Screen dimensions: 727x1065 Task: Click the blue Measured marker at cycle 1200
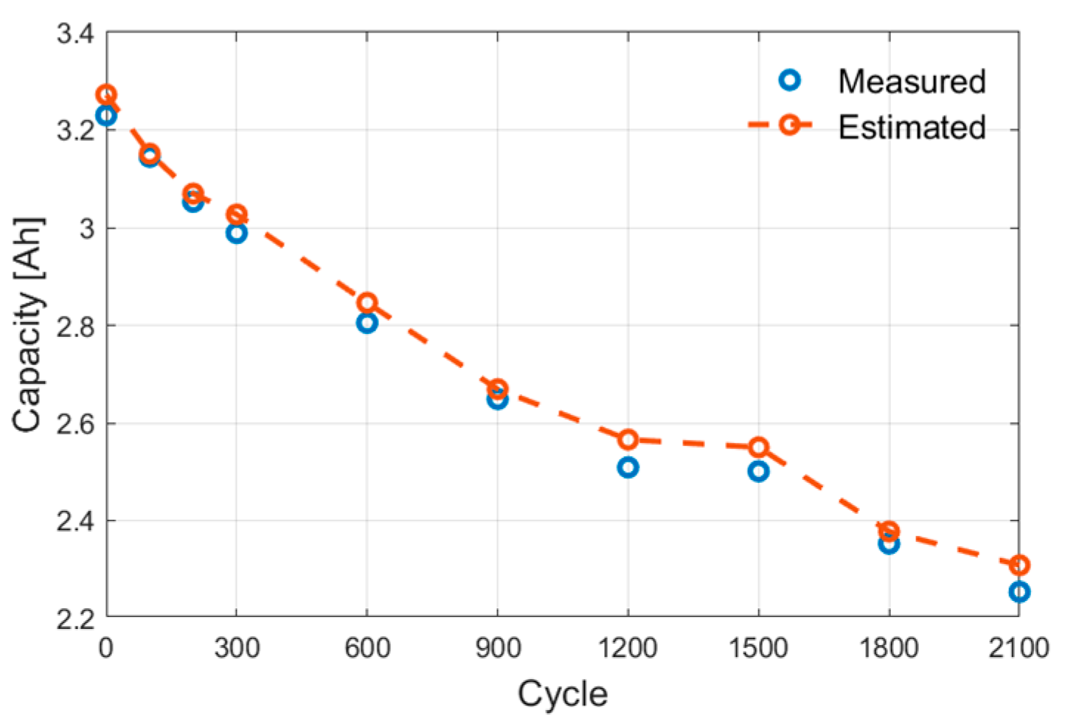[x=628, y=467]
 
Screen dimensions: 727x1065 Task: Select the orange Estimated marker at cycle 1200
[x=628, y=439]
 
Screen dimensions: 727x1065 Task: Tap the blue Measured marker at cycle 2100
[x=1019, y=592]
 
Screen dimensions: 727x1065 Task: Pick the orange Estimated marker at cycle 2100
[x=1019, y=566]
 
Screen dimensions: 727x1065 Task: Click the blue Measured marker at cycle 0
[x=106, y=116]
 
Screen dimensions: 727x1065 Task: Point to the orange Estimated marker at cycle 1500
[x=758, y=447]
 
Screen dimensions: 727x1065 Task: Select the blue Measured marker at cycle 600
[x=367, y=323]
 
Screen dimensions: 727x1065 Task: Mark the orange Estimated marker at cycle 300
[x=237, y=215]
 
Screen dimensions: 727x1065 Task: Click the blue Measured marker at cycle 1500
[x=758, y=472]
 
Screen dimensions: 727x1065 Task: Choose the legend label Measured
[x=912, y=81]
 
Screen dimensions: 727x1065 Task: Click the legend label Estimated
[x=912, y=128]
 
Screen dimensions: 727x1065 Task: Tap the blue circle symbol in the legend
[x=790, y=80]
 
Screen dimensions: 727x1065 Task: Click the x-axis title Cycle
[x=562, y=695]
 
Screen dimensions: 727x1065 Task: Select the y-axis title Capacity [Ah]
[x=29, y=324]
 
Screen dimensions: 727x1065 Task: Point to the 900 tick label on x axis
[x=497, y=648]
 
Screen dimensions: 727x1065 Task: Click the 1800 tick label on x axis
[x=888, y=648]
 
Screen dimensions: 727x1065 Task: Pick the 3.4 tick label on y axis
[x=76, y=34]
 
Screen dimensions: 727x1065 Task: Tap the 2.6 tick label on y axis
[x=76, y=424]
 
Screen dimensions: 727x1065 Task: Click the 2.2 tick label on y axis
[x=76, y=618]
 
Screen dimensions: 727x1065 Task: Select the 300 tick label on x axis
[x=237, y=648]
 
